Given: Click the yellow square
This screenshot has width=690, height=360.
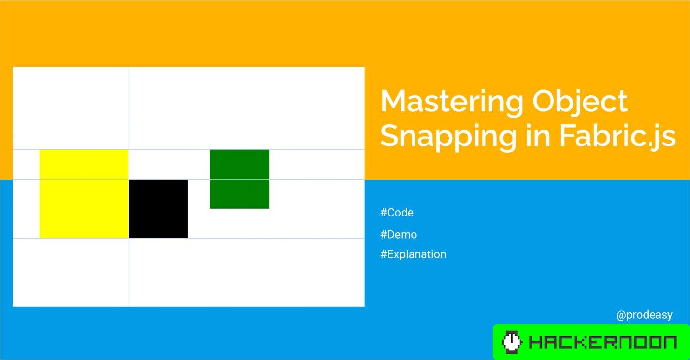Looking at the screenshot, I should tap(84, 194).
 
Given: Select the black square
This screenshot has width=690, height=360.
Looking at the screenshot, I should tap(158, 209).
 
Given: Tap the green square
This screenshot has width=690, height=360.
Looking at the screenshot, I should tap(240, 179).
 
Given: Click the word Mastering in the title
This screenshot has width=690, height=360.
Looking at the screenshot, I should tap(451, 102).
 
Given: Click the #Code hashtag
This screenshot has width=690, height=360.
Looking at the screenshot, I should tap(397, 213).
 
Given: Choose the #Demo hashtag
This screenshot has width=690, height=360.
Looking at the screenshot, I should tap(399, 235).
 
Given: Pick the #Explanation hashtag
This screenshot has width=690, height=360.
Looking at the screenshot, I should tap(413, 254).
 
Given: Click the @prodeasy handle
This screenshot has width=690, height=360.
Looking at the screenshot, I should tap(644, 315).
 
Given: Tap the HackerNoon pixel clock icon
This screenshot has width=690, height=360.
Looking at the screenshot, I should tap(512, 342).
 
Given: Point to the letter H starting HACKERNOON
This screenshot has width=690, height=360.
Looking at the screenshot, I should tap(535, 342).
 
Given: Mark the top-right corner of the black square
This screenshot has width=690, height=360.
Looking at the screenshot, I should tap(187, 180).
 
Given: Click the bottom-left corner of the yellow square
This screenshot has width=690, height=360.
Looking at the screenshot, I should tap(40, 238).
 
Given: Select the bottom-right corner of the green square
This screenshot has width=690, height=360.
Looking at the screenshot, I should tap(269, 208).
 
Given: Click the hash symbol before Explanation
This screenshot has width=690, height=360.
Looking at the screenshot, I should tap(383, 254).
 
